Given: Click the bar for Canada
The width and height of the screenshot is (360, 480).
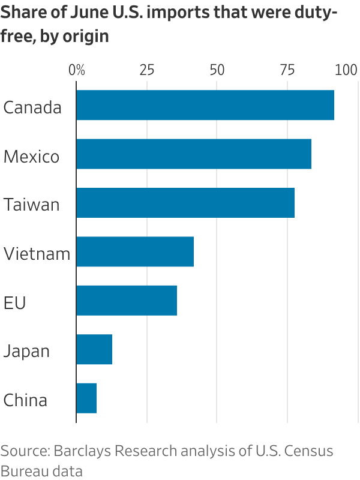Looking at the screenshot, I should click(x=205, y=105).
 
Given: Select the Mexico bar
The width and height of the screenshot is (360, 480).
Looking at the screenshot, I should click(x=193, y=154).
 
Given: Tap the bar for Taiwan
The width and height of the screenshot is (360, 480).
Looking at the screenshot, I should click(x=185, y=203).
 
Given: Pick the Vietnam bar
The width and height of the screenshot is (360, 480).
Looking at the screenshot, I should click(x=134, y=251).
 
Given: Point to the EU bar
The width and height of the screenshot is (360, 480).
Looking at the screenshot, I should click(x=126, y=300).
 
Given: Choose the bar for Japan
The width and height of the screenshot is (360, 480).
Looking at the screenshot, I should click(x=94, y=349).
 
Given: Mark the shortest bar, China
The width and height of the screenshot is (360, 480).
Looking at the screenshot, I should click(x=86, y=398).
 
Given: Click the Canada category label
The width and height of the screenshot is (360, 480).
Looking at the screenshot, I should click(x=32, y=108).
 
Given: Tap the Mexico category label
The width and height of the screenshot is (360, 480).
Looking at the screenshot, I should click(x=31, y=157).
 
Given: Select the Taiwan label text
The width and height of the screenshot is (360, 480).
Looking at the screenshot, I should click(x=31, y=205).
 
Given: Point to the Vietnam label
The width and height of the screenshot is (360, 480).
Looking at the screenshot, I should click(x=37, y=254).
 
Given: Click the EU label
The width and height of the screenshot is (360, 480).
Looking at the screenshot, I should click(x=14, y=303).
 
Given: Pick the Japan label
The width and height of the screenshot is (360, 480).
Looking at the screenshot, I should click(x=26, y=352).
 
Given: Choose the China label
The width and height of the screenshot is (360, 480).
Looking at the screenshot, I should click(x=25, y=400).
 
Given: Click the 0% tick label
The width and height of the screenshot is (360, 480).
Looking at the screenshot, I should click(x=77, y=70).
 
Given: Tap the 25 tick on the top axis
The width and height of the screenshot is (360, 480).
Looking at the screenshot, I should click(x=147, y=70).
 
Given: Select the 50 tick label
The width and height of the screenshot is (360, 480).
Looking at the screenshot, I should click(x=217, y=70).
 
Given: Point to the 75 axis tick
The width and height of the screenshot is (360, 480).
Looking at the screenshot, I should click(x=287, y=70).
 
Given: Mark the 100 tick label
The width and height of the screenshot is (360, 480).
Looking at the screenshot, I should click(x=346, y=70).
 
